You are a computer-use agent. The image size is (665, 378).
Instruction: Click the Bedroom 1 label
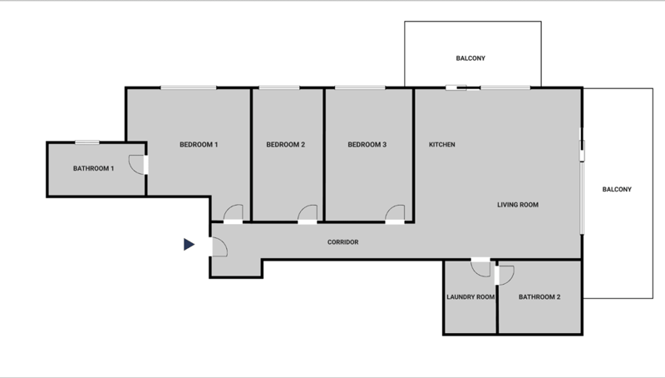pyautogui.click(x=199, y=144)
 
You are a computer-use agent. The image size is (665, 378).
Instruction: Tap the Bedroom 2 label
pyautogui.click(x=285, y=144)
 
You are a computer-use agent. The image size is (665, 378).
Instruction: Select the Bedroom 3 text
pyautogui.click(x=367, y=144)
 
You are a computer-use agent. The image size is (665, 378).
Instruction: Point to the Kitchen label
pyautogui.click(x=442, y=144)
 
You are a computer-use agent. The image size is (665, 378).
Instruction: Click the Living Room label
pyautogui.click(x=518, y=205)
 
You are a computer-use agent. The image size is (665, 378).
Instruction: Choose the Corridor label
pyautogui.click(x=342, y=242)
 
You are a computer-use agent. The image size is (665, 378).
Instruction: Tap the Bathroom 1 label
pyautogui.click(x=93, y=169)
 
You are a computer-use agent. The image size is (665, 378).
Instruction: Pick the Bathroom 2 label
pyautogui.click(x=539, y=297)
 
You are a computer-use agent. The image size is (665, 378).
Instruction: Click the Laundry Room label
pyautogui.click(x=470, y=297)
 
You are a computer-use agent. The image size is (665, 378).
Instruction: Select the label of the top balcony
pyautogui.click(x=470, y=58)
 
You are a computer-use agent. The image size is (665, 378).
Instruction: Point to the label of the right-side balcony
pyautogui.click(x=617, y=190)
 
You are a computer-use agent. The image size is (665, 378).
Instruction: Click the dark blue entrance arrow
pyautogui.click(x=189, y=244)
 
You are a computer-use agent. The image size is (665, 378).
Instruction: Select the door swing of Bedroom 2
pyautogui.click(x=308, y=212)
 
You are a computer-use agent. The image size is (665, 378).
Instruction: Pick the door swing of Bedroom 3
pyautogui.click(x=395, y=212)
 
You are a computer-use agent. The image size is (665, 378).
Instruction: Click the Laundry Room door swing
pyautogui.click(x=480, y=269)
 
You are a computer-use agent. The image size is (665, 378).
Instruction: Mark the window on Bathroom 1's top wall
pyautogui.click(x=87, y=142)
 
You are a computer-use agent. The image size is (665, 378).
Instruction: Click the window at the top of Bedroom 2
pyautogui.click(x=279, y=88)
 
